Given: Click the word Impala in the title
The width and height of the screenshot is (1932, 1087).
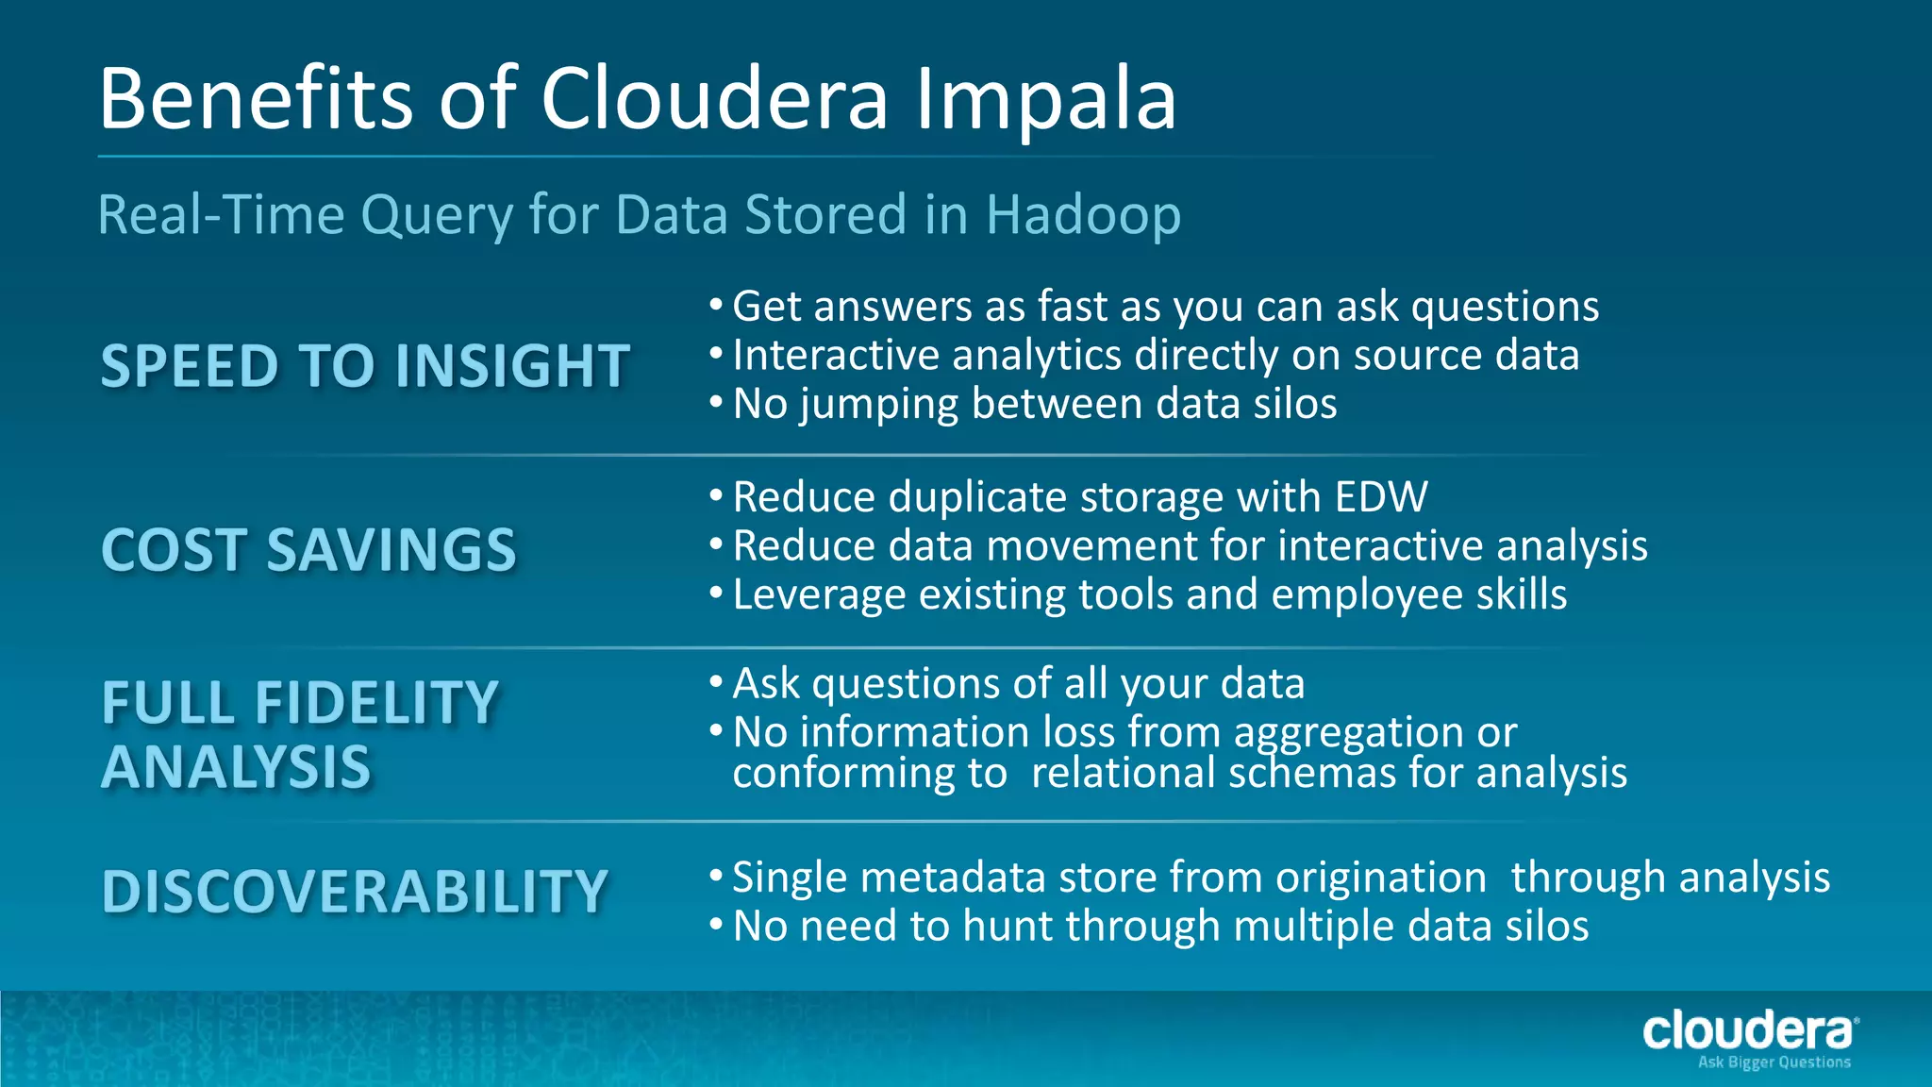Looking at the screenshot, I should (1046, 100).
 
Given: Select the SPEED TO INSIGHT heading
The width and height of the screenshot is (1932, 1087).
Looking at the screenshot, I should (365, 366).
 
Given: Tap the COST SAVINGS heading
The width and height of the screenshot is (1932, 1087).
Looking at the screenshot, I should (308, 550).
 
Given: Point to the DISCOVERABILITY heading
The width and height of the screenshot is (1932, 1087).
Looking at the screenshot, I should (355, 892).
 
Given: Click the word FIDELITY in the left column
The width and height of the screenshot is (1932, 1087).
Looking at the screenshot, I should (376, 704).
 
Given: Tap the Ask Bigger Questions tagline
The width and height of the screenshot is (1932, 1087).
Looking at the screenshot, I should (1774, 1062).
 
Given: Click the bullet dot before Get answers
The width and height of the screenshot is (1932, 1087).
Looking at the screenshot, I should (716, 305).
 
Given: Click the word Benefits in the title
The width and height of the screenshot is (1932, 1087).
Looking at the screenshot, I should (256, 100).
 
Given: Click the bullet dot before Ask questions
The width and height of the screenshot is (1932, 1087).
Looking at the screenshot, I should (716, 681).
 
